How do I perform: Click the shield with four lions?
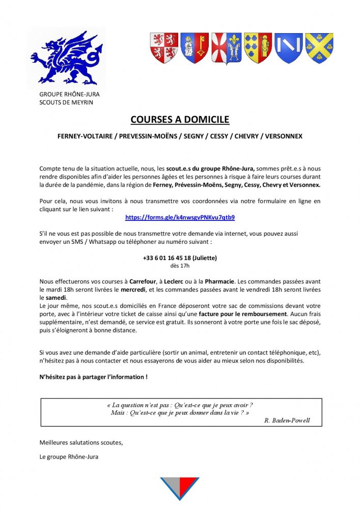(163, 48)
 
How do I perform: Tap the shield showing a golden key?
(195, 48)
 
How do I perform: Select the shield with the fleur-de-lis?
(226, 48)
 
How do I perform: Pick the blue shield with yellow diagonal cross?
(319, 48)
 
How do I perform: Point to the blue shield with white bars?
(288, 48)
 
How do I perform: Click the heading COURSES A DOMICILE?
(180, 120)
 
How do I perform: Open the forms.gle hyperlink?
(180, 217)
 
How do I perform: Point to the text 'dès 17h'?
(180, 265)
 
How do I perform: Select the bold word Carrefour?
(143, 281)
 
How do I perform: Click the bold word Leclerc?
(176, 281)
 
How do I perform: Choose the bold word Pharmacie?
(220, 281)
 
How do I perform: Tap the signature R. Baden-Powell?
(287, 420)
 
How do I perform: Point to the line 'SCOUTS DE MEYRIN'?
(66, 102)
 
